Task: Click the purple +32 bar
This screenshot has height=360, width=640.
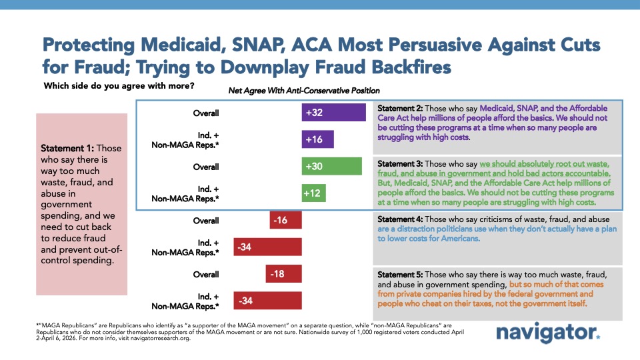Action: [x=334, y=113]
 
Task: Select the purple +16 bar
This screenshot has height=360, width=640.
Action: [x=317, y=139]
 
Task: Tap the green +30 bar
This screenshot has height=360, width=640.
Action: [x=332, y=166]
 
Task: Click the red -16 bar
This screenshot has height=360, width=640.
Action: [x=286, y=220]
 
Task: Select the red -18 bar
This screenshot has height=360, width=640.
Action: [x=284, y=274]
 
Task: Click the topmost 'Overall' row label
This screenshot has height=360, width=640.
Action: [x=206, y=113]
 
